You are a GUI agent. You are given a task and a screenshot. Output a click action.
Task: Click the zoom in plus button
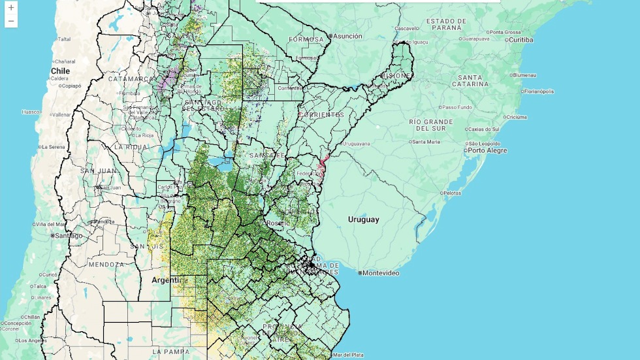click(x=11, y=8)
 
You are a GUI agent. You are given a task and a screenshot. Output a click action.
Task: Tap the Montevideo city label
click(x=381, y=272)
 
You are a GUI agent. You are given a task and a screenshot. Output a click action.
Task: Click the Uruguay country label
click(x=363, y=220)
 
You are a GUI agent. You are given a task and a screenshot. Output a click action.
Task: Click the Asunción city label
click(x=347, y=36)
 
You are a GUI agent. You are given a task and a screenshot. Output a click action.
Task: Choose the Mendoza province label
click(x=106, y=265)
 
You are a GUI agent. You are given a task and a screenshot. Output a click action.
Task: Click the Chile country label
click(x=61, y=70)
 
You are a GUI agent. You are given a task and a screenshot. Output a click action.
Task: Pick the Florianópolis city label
click(x=537, y=91)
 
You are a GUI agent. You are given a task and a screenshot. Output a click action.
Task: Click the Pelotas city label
click(x=451, y=193)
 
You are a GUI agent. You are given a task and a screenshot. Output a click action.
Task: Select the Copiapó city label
click(x=70, y=86)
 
